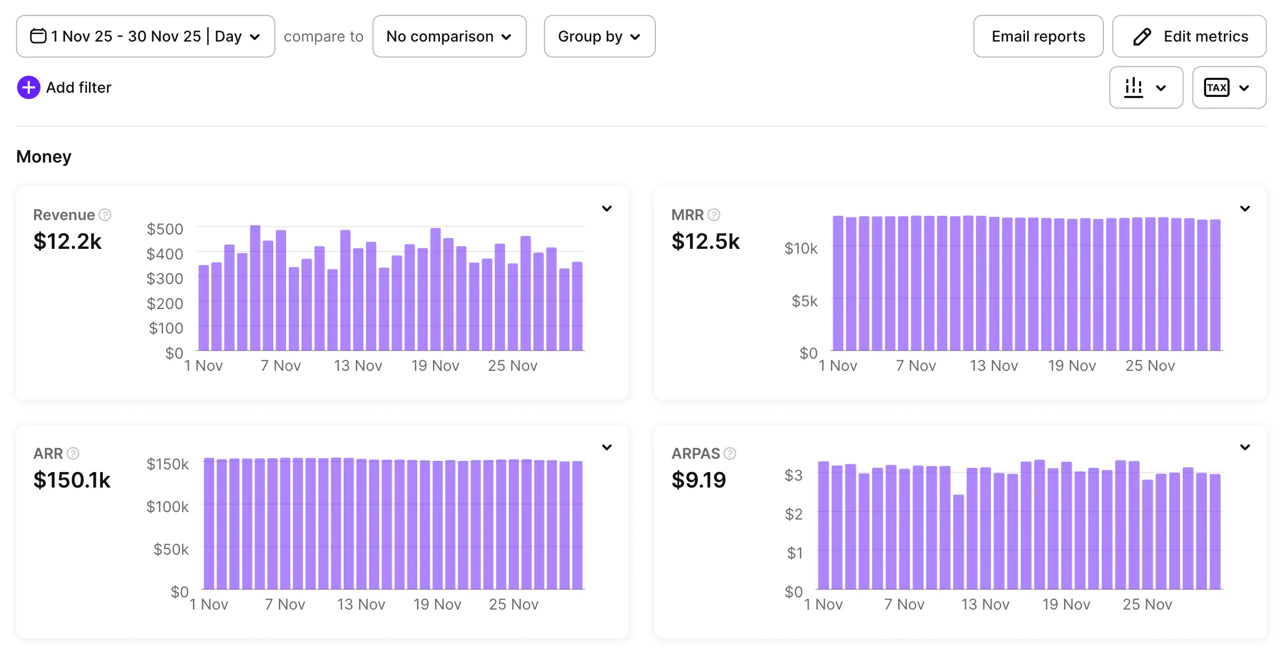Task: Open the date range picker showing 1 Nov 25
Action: click(145, 36)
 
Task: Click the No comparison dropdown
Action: click(449, 36)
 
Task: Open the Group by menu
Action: click(599, 36)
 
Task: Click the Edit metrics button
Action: click(1189, 36)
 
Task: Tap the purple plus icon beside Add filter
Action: click(28, 87)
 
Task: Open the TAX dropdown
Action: click(1229, 87)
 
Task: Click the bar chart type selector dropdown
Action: click(1145, 87)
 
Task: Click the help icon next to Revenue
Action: click(105, 215)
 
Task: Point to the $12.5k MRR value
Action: click(705, 241)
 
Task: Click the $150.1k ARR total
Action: click(72, 480)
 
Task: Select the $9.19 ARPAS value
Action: click(698, 480)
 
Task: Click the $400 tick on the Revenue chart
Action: click(165, 254)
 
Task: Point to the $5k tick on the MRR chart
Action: click(804, 301)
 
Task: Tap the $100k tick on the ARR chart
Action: click(167, 506)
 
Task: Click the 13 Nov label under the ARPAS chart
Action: click(985, 604)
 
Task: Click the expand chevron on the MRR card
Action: click(1245, 208)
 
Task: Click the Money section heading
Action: click(44, 157)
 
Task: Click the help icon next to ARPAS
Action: click(730, 453)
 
